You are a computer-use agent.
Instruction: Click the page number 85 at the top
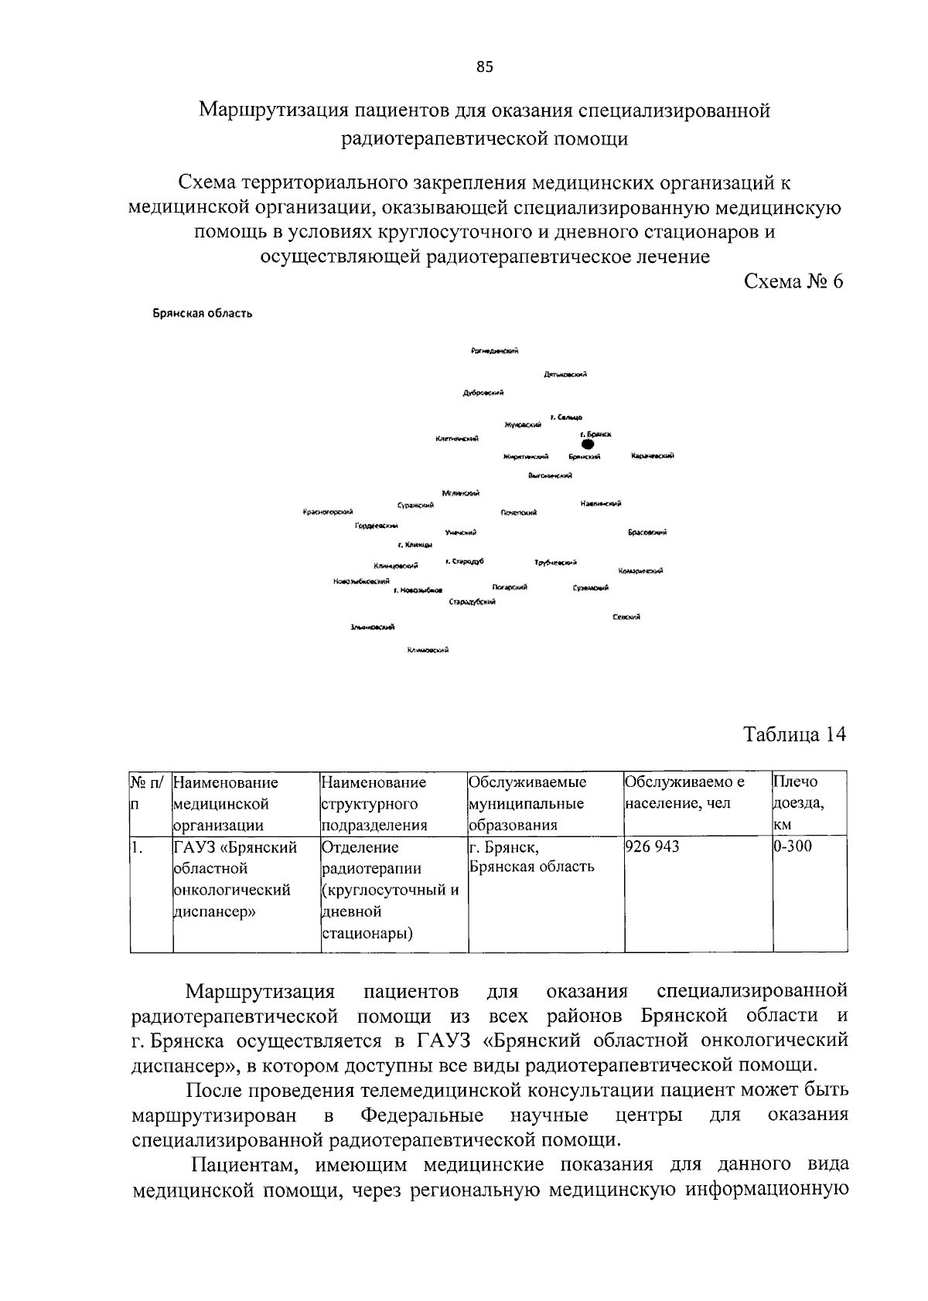tap(484, 66)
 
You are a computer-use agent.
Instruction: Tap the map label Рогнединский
tap(494, 351)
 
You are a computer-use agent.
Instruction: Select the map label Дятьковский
tap(565, 375)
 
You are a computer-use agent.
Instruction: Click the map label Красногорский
tap(329, 512)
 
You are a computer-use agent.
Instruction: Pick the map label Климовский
tap(428, 650)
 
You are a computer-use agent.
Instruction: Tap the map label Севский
tap(626, 616)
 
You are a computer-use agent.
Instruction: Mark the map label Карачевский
tap(653, 455)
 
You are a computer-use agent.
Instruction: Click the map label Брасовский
tap(648, 532)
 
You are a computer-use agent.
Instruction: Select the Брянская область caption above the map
tap(202, 314)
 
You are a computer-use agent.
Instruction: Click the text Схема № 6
tap(793, 281)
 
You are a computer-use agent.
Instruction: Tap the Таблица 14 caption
tap(794, 734)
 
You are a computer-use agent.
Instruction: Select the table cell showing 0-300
tap(793, 846)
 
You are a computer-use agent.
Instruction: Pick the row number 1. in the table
tap(138, 847)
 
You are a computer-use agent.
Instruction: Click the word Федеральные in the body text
tap(422, 1115)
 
